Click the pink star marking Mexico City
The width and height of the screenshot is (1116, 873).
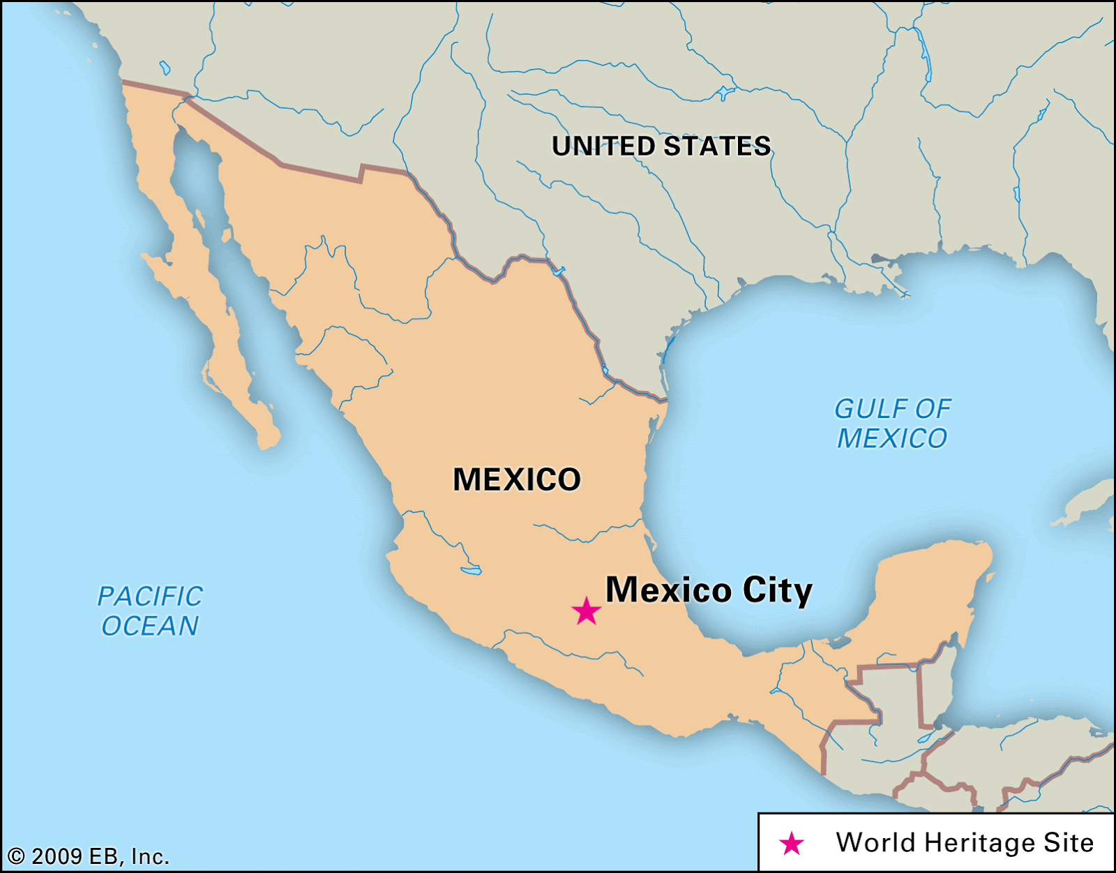[x=586, y=611]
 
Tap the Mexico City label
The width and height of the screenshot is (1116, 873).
[x=709, y=590]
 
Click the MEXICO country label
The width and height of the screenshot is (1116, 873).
[x=517, y=479]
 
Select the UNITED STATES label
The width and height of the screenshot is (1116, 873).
[x=661, y=147]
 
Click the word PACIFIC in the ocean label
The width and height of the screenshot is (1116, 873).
[x=150, y=597]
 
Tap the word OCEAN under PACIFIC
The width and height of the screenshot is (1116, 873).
[x=150, y=627]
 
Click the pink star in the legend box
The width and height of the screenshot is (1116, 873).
[x=792, y=844]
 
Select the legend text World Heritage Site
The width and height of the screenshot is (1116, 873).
[x=965, y=843]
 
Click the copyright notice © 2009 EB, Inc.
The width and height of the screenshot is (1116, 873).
[x=89, y=856]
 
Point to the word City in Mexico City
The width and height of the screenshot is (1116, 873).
[x=778, y=590]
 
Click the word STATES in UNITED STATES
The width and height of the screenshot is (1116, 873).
[x=716, y=147]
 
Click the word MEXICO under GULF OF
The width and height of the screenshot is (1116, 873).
[x=892, y=439]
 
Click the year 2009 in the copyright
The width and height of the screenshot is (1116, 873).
[x=56, y=856]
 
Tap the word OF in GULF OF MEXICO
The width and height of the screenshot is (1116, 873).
[x=933, y=409]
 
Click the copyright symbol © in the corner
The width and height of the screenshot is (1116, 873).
[x=16, y=856]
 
